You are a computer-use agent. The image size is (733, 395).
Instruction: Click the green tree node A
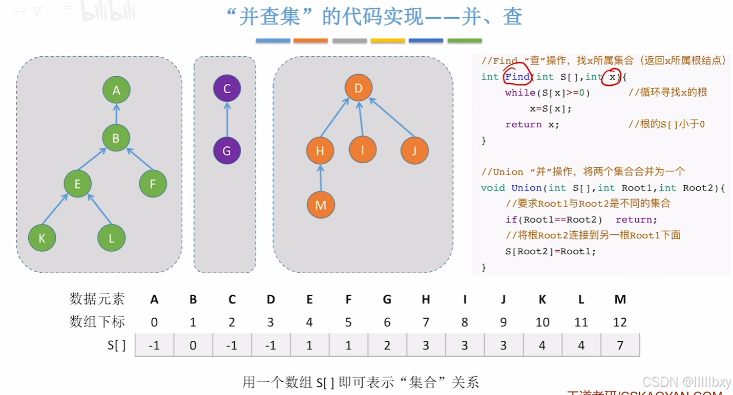[x=116, y=90]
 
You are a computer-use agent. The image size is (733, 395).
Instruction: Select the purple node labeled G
[x=227, y=151]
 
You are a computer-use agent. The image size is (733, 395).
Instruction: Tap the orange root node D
[x=359, y=88]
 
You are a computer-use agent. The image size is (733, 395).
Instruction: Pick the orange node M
[x=321, y=205]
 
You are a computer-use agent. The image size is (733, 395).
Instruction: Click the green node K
[x=42, y=238]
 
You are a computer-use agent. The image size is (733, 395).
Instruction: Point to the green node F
[x=153, y=184]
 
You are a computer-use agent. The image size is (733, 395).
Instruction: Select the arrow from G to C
[x=227, y=120]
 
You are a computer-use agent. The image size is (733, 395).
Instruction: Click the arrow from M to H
[x=321, y=178]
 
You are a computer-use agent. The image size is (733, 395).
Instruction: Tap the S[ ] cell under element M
[x=620, y=345]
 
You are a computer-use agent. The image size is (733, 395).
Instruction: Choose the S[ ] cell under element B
[x=193, y=345]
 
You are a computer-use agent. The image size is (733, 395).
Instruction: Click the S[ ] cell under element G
[x=387, y=345]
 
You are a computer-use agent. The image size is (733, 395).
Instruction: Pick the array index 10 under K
[x=542, y=322]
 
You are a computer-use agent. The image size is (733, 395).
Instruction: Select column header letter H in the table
[x=426, y=299]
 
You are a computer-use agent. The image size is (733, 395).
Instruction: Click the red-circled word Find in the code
[x=517, y=77]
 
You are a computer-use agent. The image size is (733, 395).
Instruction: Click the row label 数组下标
[x=97, y=322]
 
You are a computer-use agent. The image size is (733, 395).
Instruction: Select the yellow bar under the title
[x=388, y=40]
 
